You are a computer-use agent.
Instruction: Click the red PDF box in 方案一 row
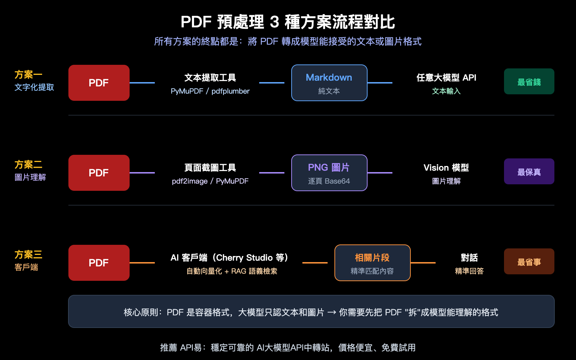coord(99,83)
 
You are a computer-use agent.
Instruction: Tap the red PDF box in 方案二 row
coord(99,173)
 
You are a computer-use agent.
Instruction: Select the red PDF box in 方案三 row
coord(99,263)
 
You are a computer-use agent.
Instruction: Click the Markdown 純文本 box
coord(329,83)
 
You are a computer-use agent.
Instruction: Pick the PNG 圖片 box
coord(329,173)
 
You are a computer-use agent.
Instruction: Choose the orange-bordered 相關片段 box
coord(372,263)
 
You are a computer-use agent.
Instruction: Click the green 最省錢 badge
coord(529,82)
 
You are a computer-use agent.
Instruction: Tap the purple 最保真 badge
coord(529,172)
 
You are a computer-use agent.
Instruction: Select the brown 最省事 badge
coord(529,262)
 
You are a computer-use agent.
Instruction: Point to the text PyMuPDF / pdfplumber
coord(210,91)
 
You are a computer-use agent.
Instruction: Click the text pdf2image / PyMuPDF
coord(210,181)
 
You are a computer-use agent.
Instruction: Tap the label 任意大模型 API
coord(446,77)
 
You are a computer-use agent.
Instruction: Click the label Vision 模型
coord(446,167)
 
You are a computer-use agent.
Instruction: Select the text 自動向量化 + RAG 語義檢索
coord(231,271)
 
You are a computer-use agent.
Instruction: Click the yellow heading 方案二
coord(28,165)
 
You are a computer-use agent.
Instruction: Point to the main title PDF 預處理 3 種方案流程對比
coord(288,22)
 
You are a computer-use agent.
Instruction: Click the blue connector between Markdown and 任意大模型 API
coord(380,83)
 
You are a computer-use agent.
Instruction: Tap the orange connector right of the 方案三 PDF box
coord(142,263)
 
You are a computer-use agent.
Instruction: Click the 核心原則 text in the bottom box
coord(311,312)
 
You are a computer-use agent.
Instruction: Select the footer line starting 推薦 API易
coord(288,347)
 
